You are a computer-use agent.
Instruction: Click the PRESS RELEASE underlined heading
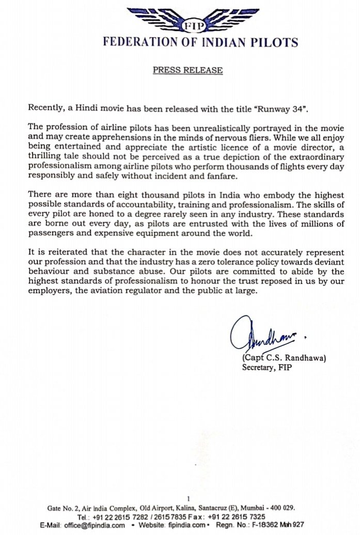click(187, 70)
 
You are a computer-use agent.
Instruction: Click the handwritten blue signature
click(263, 338)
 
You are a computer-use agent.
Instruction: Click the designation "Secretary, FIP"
click(267, 368)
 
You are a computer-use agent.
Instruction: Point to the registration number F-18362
click(279, 526)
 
